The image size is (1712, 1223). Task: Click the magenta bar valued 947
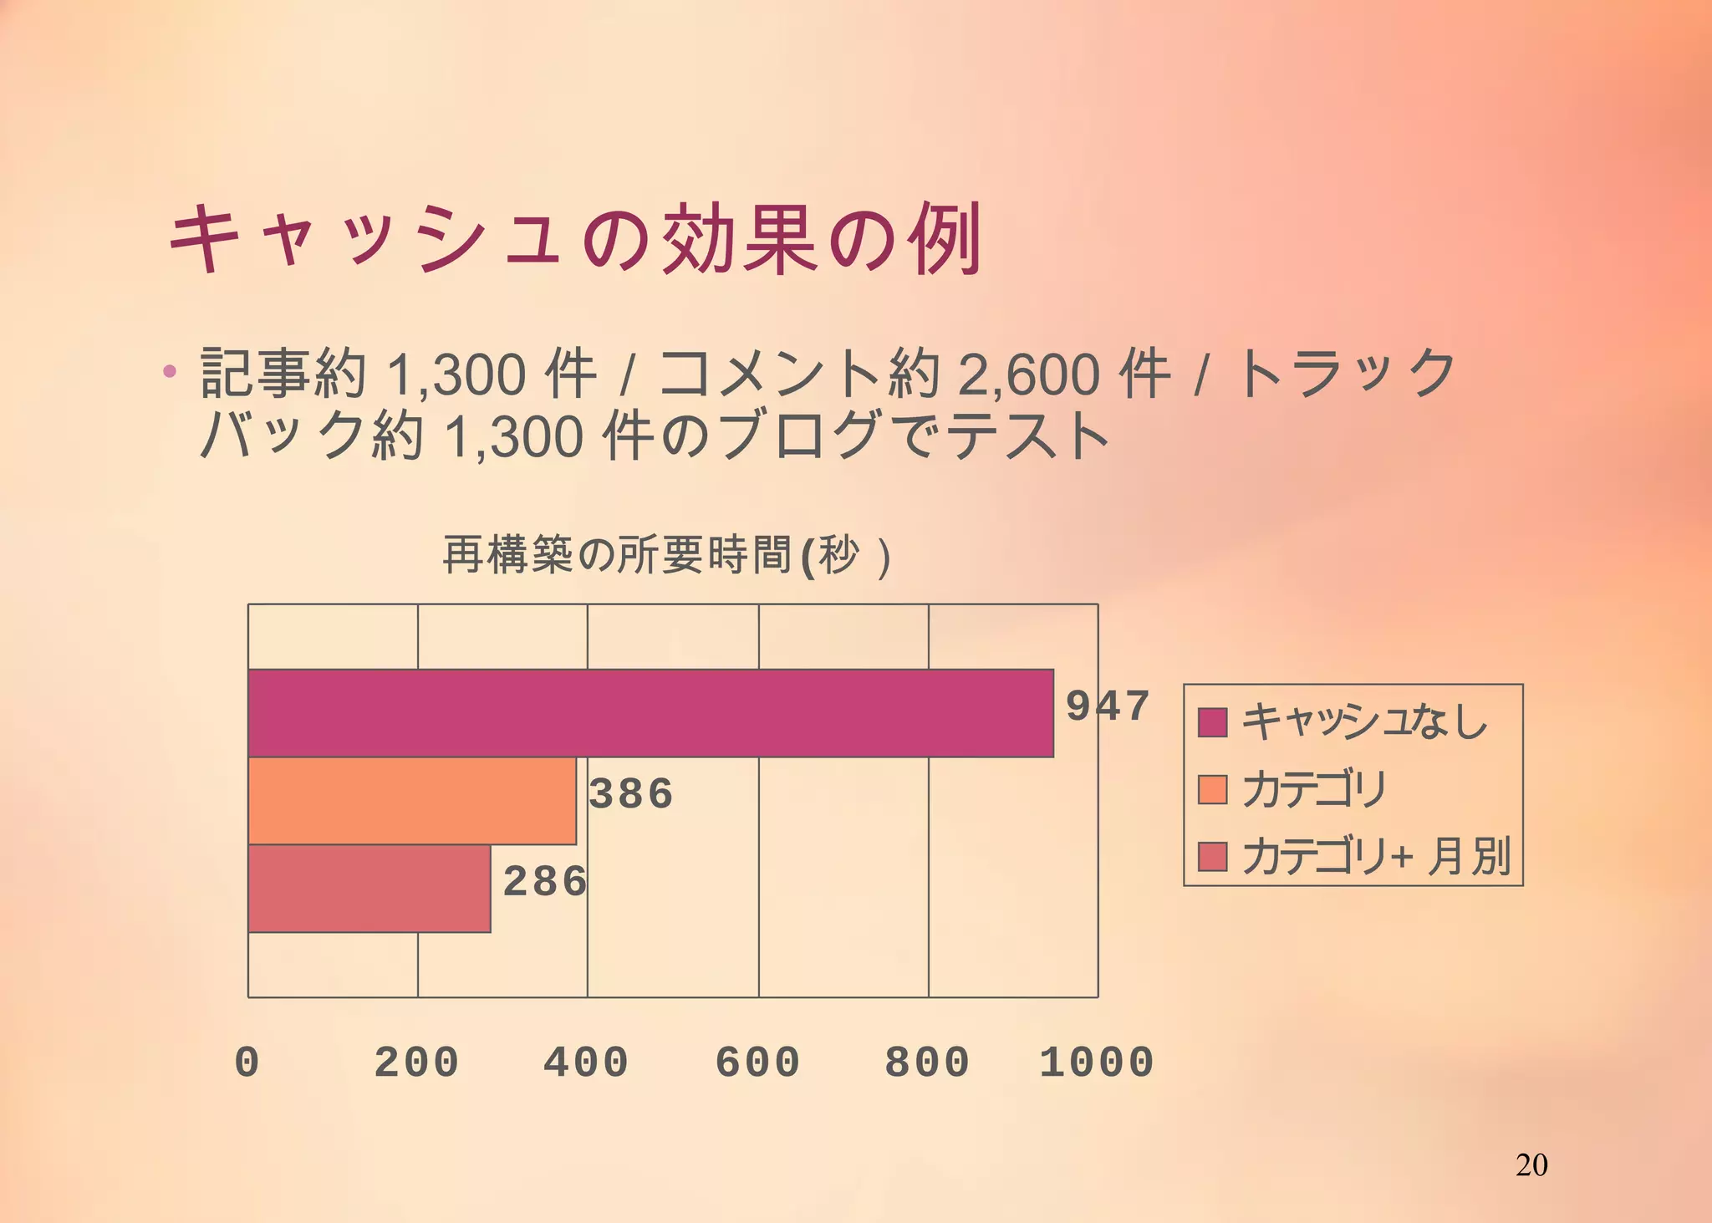(x=650, y=713)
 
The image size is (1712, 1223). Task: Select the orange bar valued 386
(x=412, y=801)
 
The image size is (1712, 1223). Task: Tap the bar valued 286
(x=369, y=889)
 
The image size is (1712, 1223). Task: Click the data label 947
(x=1108, y=706)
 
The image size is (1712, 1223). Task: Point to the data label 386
(x=631, y=793)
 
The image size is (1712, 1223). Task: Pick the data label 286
(x=545, y=882)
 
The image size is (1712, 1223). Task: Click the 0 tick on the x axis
(x=247, y=1062)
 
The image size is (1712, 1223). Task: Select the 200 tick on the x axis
(x=416, y=1062)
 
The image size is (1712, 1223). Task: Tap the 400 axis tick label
(x=586, y=1062)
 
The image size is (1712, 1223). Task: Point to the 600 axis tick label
(x=757, y=1062)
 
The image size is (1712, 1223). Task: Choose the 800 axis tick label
(x=927, y=1062)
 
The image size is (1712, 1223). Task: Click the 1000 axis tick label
(x=1097, y=1062)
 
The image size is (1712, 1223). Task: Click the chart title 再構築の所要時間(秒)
(x=665, y=556)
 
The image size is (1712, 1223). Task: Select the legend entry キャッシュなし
(x=1364, y=721)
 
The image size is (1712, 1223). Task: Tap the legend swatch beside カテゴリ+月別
(x=1212, y=856)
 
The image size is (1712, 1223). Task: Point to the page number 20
(x=1531, y=1164)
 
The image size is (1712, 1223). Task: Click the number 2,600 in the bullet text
(x=1029, y=375)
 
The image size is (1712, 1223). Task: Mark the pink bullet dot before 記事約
(x=170, y=371)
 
